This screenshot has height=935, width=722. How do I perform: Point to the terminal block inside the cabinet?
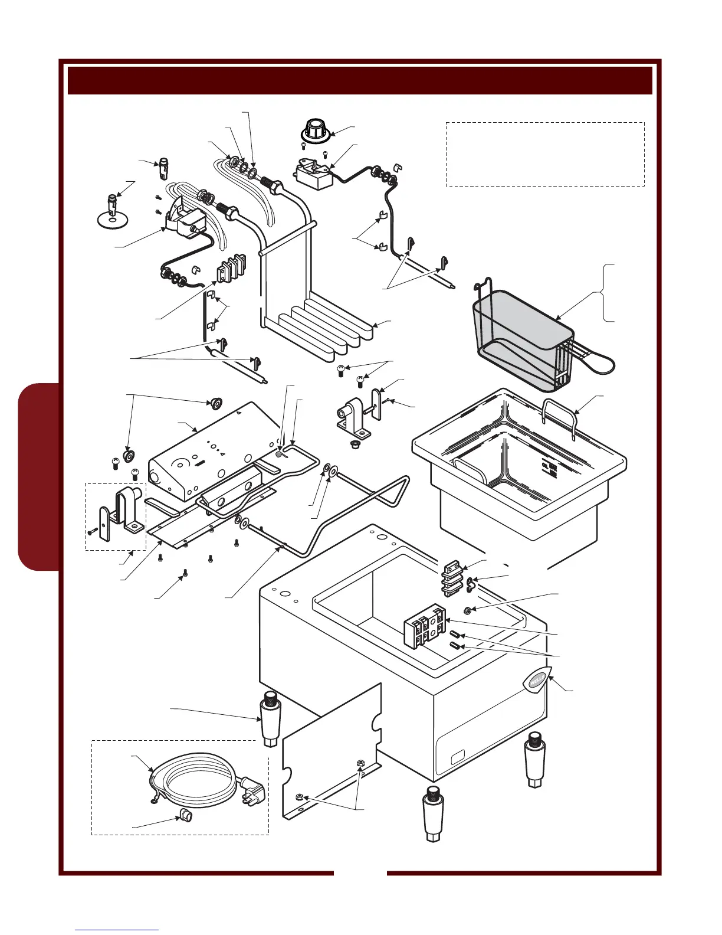[x=424, y=625]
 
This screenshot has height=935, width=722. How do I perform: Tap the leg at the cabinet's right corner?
[x=534, y=759]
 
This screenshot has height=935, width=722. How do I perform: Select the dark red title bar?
[x=360, y=80]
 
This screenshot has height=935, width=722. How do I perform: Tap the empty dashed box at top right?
[x=544, y=154]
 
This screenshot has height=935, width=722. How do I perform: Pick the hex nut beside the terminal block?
[x=467, y=610]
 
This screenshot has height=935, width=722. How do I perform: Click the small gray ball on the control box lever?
[x=279, y=455]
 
